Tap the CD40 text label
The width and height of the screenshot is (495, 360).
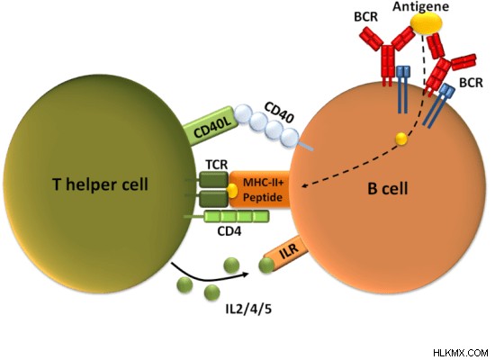(x=278, y=112)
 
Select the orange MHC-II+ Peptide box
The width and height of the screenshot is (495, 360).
(x=259, y=190)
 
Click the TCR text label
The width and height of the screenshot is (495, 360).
(x=217, y=165)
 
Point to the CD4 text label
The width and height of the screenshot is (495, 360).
(x=229, y=231)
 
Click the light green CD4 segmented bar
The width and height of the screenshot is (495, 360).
(x=237, y=216)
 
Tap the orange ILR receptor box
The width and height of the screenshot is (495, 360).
(x=285, y=253)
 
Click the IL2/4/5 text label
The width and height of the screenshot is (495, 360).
(x=248, y=309)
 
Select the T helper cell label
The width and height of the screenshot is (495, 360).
(x=100, y=184)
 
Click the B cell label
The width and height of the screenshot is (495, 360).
(x=388, y=188)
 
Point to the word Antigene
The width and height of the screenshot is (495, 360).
(x=421, y=6)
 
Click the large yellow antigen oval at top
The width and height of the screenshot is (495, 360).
(x=426, y=23)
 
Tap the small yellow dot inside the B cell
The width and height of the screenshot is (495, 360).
(x=401, y=139)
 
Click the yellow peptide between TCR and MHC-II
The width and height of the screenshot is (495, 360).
(x=232, y=191)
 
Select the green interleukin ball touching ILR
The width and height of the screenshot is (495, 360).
(x=266, y=265)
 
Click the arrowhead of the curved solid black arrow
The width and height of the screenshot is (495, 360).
(x=244, y=274)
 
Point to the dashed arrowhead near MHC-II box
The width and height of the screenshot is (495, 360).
(x=305, y=185)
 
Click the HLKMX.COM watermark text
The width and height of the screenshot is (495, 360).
(x=461, y=353)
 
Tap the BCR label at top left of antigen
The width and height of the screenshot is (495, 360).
(x=366, y=17)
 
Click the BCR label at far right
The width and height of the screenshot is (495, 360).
(x=471, y=83)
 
